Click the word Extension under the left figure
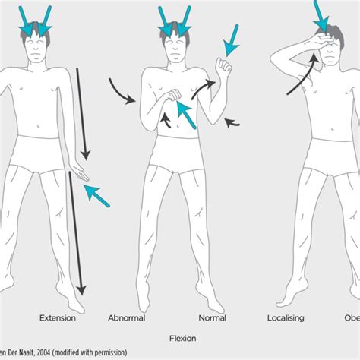(x=57, y=318)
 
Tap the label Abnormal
(x=127, y=318)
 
